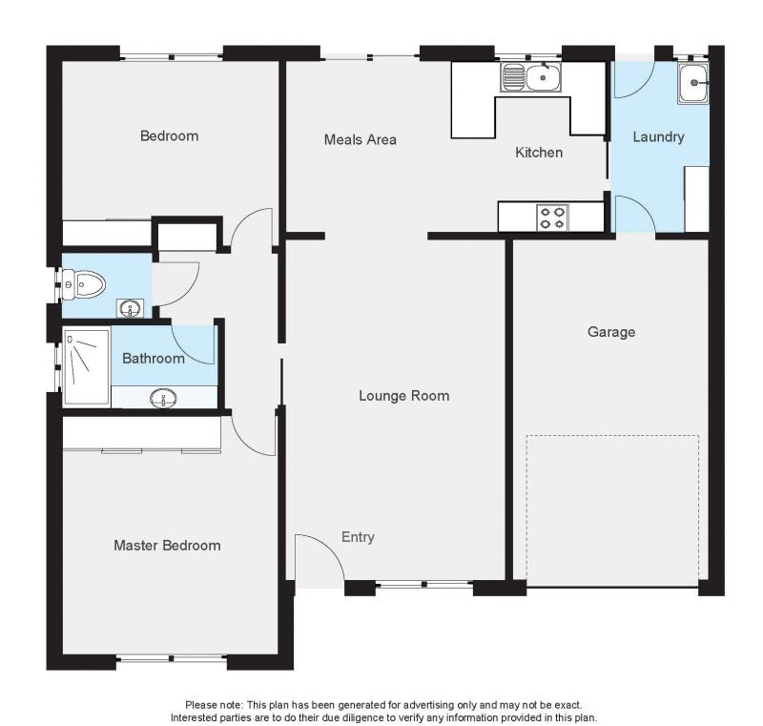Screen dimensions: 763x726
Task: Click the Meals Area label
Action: [361, 139]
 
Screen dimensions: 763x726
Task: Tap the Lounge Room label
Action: [403, 396]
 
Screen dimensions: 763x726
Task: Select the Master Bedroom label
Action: [168, 545]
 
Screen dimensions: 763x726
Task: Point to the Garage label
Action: [611, 332]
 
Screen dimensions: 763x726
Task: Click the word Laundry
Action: [658, 136]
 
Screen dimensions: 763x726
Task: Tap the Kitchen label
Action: [539, 153]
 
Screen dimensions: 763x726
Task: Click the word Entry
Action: [358, 537]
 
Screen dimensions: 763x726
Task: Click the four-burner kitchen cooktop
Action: [552, 218]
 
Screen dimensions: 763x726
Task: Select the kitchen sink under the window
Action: [531, 77]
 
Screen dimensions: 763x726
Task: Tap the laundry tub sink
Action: [693, 84]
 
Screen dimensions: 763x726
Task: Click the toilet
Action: [84, 283]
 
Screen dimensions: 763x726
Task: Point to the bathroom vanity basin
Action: [163, 398]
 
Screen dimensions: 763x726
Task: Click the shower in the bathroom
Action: [86, 367]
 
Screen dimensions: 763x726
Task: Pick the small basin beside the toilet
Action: [130, 308]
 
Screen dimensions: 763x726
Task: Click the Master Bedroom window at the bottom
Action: [172, 659]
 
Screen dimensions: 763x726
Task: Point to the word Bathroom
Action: [154, 359]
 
